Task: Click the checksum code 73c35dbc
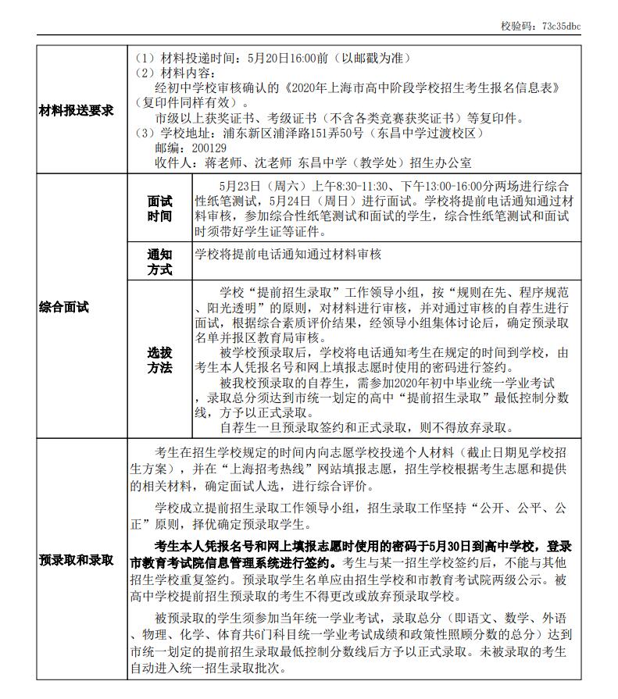click(561, 26)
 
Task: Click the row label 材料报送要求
click(77, 110)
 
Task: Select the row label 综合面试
click(64, 307)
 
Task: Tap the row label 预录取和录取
click(77, 560)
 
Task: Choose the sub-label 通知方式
click(159, 262)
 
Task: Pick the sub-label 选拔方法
click(159, 359)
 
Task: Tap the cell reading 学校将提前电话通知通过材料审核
click(288, 255)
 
